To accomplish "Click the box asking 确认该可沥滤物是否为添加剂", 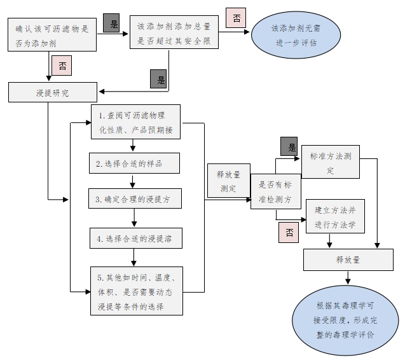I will tap(52, 34).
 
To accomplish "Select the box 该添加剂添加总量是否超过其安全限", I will tap(174, 33).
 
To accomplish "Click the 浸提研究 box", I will tap(52, 92).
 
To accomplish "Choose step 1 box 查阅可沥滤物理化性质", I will tap(135, 123).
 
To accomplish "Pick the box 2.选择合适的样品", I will tap(134, 163).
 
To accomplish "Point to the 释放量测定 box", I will tap(228, 181).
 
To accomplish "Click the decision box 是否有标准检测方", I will tap(275, 191).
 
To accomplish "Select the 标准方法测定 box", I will tap(330, 163).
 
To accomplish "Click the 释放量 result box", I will tap(348, 259).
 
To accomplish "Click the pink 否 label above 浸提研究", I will tap(61, 66).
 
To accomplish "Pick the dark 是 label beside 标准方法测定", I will tap(289, 147).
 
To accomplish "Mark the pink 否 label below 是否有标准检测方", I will tap(289, 233).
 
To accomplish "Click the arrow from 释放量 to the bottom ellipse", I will tap(348, 277).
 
